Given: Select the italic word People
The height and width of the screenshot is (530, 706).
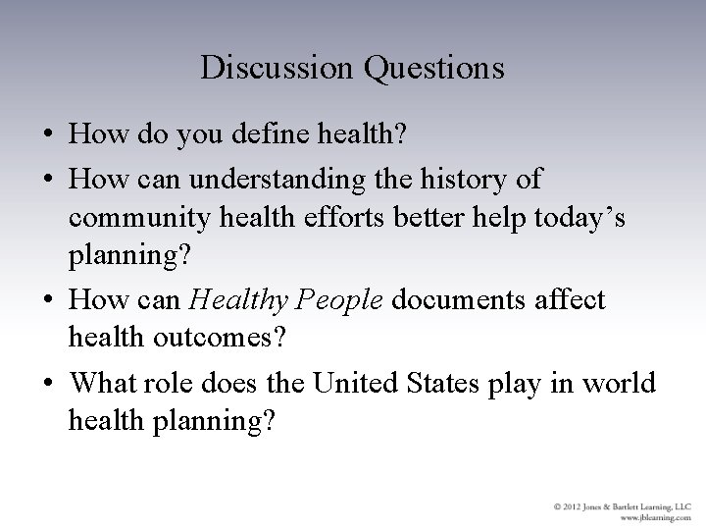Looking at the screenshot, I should point(344,299).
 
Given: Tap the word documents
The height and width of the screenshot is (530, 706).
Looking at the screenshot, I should point(457,299).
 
